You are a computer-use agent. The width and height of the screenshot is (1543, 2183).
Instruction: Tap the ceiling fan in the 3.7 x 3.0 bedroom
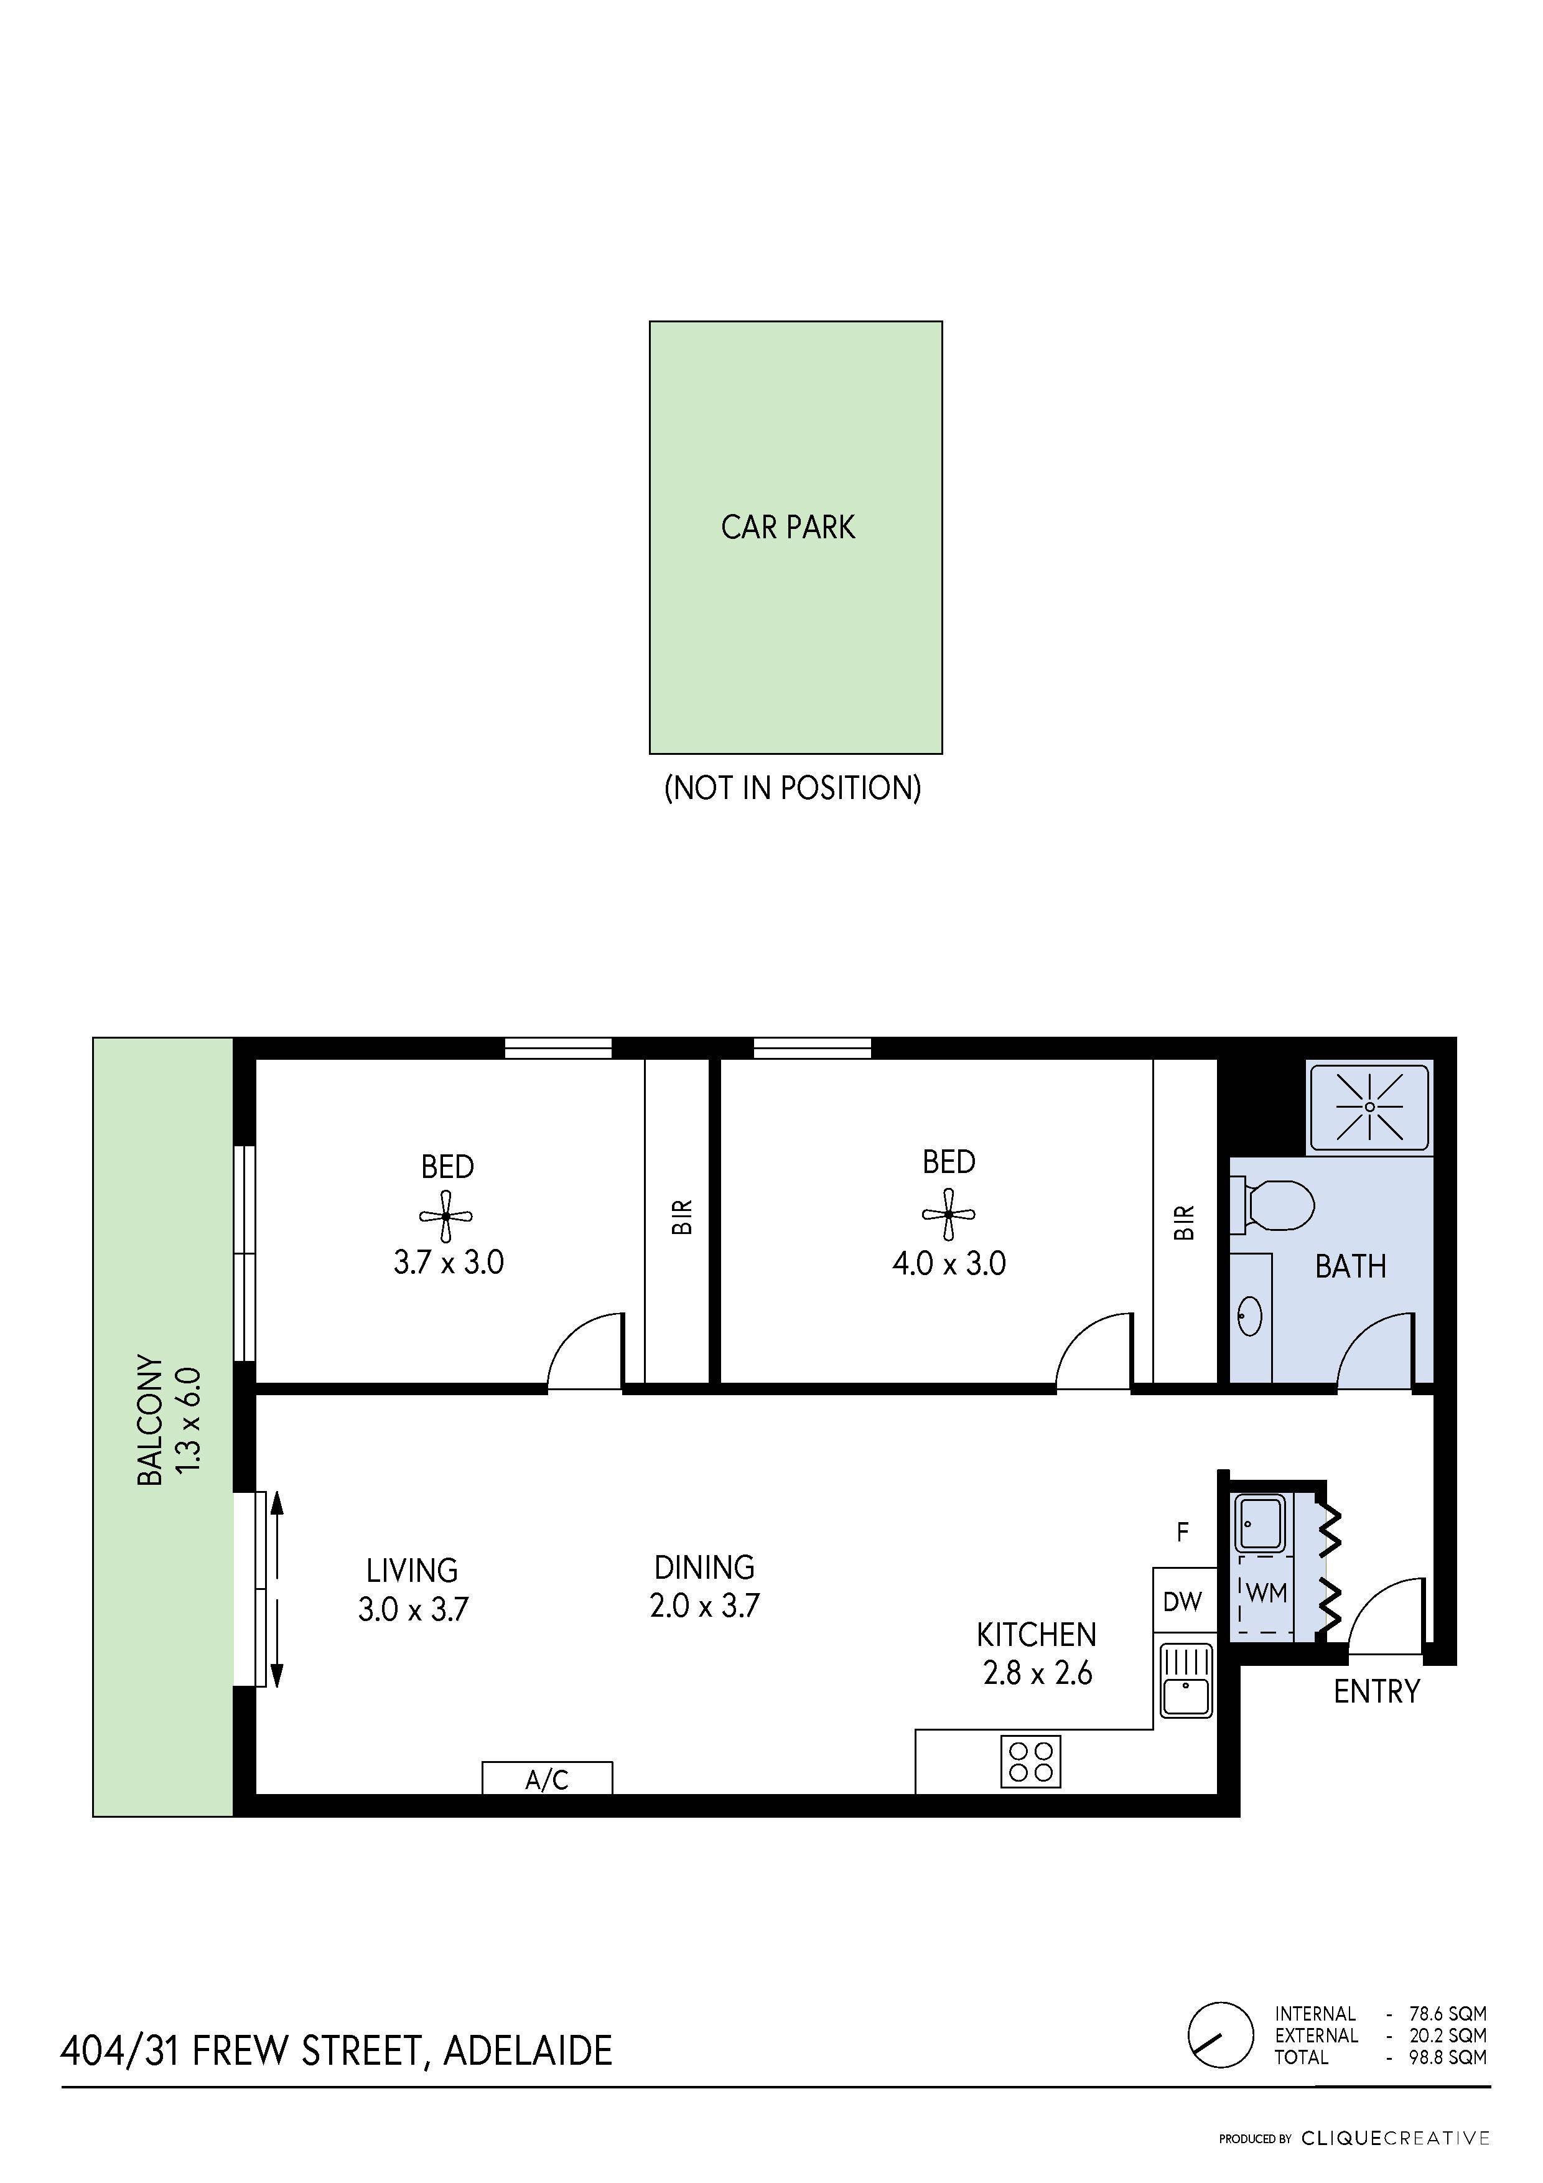pyautogui.click(x=446, y=1216)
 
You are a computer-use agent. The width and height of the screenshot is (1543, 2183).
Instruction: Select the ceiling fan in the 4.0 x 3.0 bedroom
pyautogui.click(x=948, y=1214)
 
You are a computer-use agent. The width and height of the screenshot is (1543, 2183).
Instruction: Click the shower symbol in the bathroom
pyautogui.click(x=1369, y=1106)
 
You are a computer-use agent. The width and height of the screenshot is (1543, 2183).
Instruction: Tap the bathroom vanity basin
pyautogui.click(x=1249, y=1317)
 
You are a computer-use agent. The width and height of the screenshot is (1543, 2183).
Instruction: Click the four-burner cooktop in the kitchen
pyautogui.click(x=1030, y=1762)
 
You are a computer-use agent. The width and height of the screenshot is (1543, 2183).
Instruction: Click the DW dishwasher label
pyautogui.click(x=1183, y=1602)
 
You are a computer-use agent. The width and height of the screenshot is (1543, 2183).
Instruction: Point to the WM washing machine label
pyautogui.click(x=1266, y=1592)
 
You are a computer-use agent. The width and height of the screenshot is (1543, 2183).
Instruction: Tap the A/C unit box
pyautogui.click(x=547, y=1778)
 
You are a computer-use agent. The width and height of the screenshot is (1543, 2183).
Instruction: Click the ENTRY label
pyautogui.click(x=1377, y=1691)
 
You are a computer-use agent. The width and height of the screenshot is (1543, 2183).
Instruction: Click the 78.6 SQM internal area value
pyautogui.click(x=1448, y=2014)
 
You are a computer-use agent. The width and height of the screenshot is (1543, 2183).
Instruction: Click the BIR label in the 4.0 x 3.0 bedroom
pyautogui.click(x=1183, y=1223)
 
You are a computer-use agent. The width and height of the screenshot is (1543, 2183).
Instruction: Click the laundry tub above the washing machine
pyautogui.click(x=1261, y=1524)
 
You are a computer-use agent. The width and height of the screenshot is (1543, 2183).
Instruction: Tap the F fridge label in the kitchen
pyautogui.click(x=1183, y=1531)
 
